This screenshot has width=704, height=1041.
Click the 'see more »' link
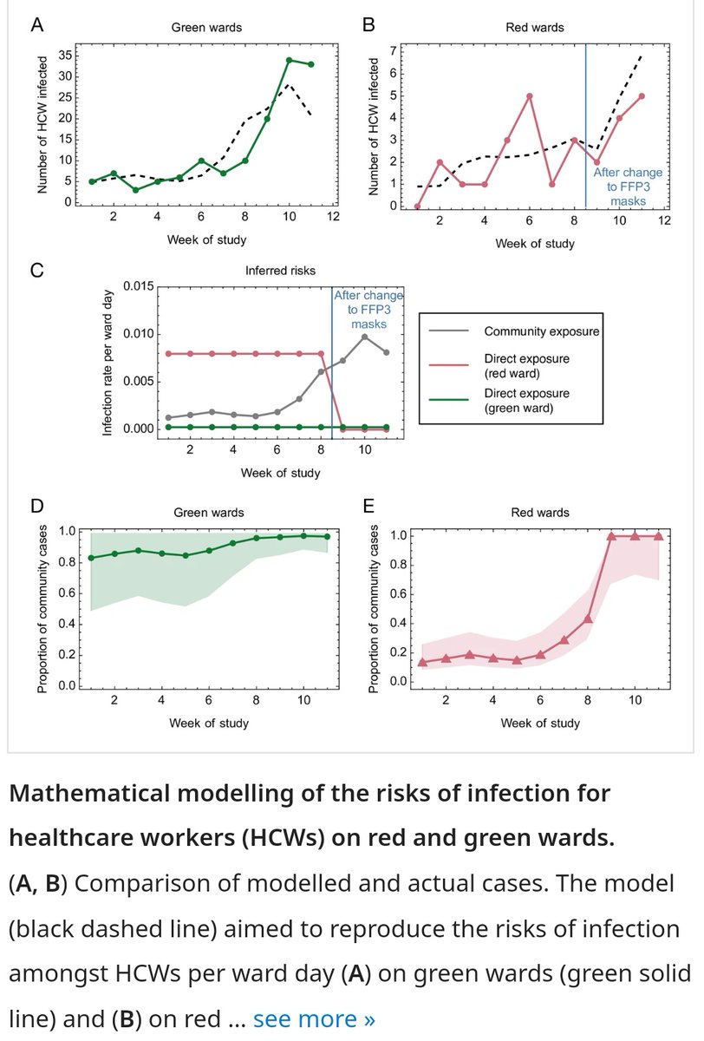(314, 1018)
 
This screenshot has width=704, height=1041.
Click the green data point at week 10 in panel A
(289, 60)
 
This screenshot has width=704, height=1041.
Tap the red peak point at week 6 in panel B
(529, 95)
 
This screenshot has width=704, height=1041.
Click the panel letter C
(36, 270)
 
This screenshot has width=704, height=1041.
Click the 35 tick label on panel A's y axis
(65, 55)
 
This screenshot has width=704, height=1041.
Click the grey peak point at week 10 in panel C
(365, 337)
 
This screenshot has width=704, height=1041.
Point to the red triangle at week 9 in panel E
(611, 536)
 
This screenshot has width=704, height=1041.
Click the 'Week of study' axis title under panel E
(541, 723)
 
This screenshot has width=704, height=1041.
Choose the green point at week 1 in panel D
(91, 557)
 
